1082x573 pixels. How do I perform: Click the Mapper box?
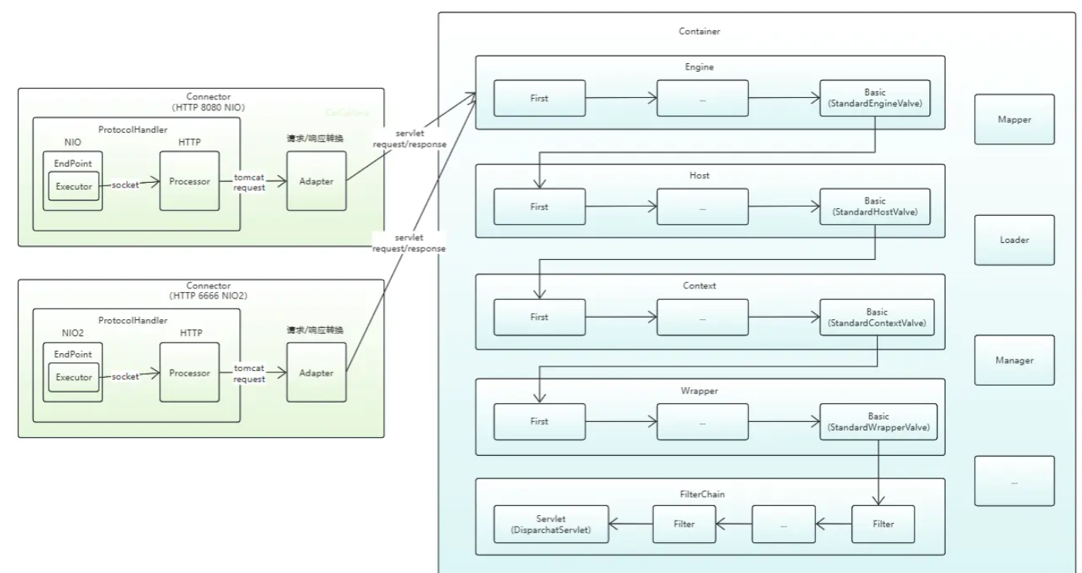(x=1013, y=120)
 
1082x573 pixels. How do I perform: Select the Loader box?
(x=1013, y=240)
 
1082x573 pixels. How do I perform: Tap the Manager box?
(x=1013, y=360)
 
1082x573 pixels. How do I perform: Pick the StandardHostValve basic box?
(x=878, y=207)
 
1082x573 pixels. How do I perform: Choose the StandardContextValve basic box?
(x=878, y=317)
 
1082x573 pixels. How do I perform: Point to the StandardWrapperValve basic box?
(x=878, y=422)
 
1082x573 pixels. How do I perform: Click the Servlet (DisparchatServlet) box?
(x=551, y=524)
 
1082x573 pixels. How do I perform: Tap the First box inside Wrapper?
(x=540, y=422)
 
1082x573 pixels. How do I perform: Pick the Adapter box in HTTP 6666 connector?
(x=316, y=373)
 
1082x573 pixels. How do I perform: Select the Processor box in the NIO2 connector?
(x=190, y=373)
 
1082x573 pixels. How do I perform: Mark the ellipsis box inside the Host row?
(x=702, y=207)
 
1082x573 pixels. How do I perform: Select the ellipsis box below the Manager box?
(x=1013, y=481)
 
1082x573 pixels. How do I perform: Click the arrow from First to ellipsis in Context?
(x=621, y=317)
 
